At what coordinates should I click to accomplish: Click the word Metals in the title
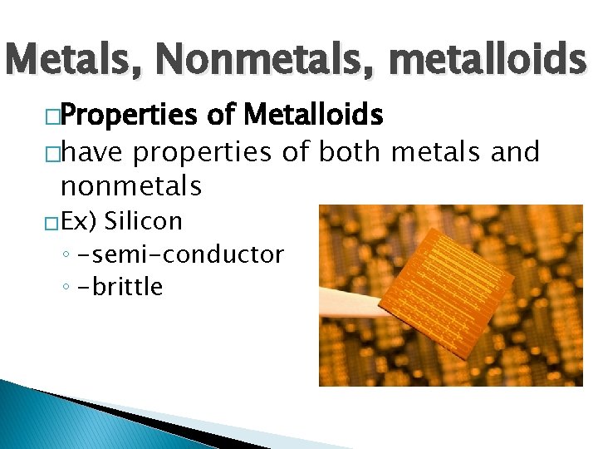point(73,60)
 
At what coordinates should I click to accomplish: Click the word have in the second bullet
point(92,152)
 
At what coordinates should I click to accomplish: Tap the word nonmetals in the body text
point(131,185)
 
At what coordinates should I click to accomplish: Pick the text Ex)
point(80,222)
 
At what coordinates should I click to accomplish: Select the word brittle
point(123,287)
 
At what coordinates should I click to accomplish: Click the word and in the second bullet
point(517,152)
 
